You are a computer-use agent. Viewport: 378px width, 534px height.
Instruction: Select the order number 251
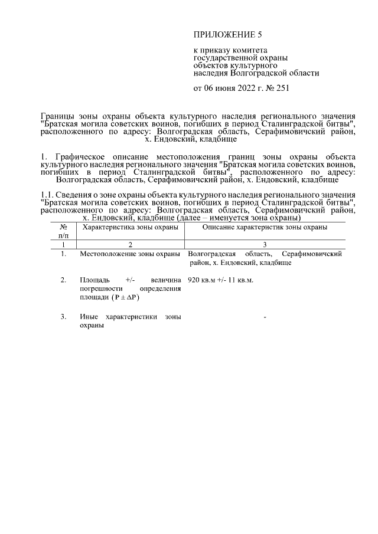click(x=282, y=89)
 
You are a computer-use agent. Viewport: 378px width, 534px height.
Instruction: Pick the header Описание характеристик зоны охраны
click(x=265, y=227)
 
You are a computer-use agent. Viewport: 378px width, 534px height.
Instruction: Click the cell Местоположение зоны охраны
click(x=129, y=254)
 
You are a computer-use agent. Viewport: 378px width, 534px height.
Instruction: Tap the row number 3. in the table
click(x=63, y=317)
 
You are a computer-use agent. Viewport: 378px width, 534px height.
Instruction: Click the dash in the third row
click(x=265, y=318)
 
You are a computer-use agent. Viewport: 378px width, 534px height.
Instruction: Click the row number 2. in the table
click(x=63, y=280)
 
